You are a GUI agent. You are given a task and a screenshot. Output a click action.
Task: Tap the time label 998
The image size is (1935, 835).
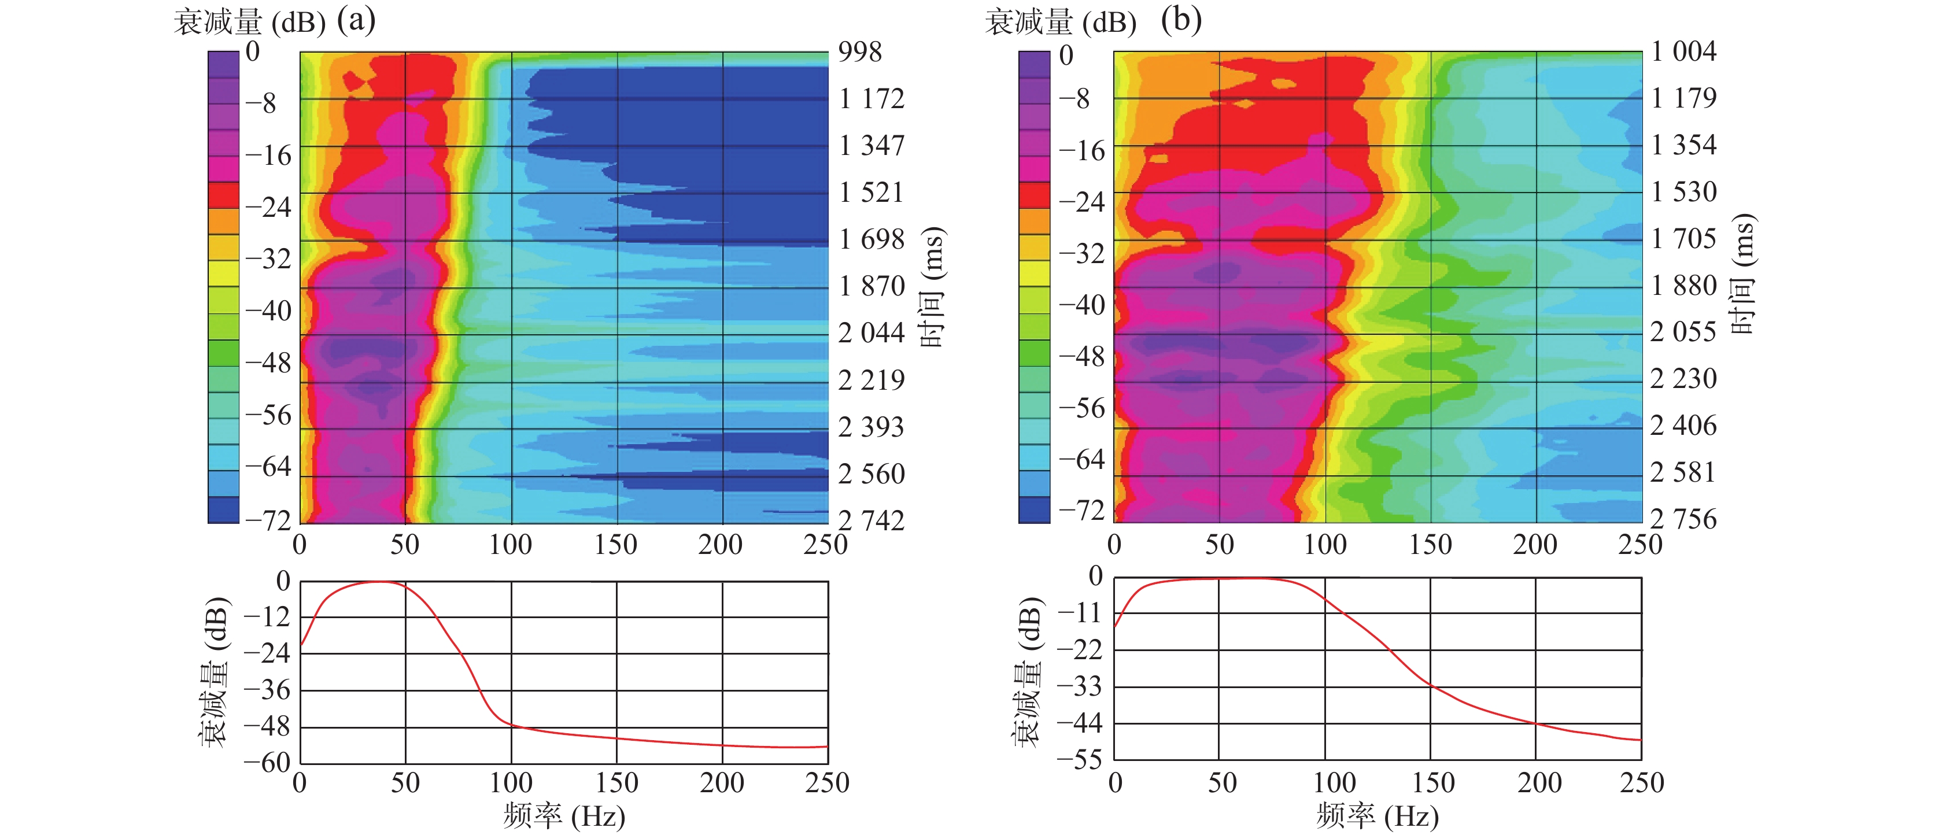coord(860,52)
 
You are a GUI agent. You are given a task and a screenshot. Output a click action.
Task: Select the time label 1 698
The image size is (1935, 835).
coord(872,239)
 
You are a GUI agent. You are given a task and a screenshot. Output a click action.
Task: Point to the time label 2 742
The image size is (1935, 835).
coord(872,520)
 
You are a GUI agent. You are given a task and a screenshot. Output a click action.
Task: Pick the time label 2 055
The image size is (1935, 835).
coord(1683,332)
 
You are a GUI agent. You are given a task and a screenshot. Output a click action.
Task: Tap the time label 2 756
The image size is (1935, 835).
coord(1683,519)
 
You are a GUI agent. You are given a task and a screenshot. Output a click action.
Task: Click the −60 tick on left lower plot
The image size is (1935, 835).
coord(267,763)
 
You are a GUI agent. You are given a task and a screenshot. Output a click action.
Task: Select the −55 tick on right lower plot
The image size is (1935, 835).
coord(1080,760)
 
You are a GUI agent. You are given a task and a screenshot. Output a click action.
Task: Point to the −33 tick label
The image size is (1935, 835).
coord(1080,686)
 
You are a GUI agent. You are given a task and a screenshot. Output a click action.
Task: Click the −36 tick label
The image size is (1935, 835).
coord(267,690)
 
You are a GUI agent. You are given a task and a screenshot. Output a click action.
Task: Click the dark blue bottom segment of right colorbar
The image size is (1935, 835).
coord(1035,510)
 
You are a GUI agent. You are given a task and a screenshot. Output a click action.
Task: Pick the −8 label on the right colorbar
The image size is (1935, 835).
coord(1074,98)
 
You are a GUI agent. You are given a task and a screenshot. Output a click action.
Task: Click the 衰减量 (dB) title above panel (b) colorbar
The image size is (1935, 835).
coord(1060,23)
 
